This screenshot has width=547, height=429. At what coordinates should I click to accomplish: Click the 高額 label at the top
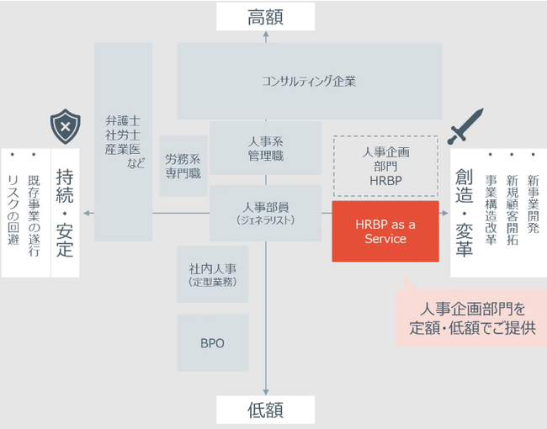[x=265, y=17]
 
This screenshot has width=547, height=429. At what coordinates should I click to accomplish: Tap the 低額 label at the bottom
[x=265, y=410]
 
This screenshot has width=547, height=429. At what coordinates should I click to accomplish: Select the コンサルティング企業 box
[x=309, y=82]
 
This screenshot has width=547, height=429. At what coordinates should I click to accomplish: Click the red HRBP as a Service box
[x=385, y=231]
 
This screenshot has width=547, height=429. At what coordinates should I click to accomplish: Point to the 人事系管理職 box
[x=266, y=149]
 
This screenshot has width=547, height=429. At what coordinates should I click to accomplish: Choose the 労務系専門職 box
[x=183, y=166]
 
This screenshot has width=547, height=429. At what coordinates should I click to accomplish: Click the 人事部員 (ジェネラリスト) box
[x=266, y=213]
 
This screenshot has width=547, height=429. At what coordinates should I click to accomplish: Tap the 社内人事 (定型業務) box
[x=212, y=275]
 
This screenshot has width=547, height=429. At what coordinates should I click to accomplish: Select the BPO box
[x=212, y=343]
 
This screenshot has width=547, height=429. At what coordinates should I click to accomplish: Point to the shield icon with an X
[x=64, y=127]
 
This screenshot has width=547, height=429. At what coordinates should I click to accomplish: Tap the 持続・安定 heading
[x=65, y=213]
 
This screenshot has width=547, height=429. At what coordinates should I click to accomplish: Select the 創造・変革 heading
[x=464, y=213]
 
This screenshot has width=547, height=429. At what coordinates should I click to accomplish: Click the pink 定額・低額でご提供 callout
[x=472, y=317]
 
